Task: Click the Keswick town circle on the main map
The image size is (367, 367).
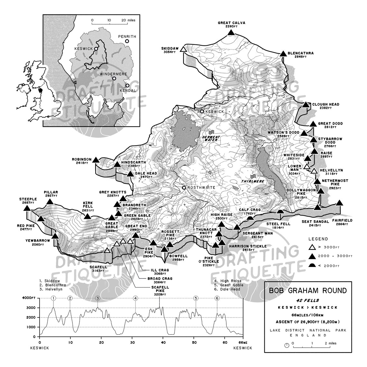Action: [x=202, y=111]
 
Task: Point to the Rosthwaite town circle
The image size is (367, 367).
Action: [x=184, y=187]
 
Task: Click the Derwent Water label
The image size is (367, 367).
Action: [x=211, y=138]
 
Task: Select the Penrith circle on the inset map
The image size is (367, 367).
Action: [x=127, y=41]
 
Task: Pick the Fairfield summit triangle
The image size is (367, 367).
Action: [x=339, y=203]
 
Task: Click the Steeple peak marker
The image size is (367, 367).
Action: [x=26, y=208]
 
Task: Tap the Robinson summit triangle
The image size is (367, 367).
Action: [x=96, y=160]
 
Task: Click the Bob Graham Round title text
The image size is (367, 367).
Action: [x=308, y=291]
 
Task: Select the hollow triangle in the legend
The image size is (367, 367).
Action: [x=311, y=247]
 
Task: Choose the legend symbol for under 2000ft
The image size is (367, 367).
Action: [x=311, y=265]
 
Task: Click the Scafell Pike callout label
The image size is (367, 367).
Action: [x=158, y=289]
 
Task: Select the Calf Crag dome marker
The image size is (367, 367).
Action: [x=250, y=219]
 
